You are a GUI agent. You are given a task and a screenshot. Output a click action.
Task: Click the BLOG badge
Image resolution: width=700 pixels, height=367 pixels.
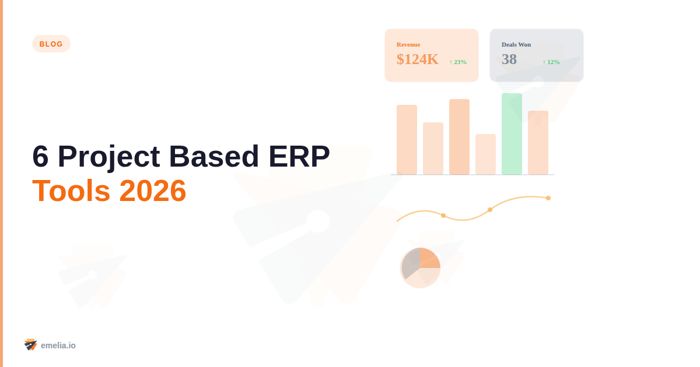(x=51, y=44)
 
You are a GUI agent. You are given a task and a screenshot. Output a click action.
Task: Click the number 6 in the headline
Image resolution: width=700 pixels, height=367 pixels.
(x=40, y=157)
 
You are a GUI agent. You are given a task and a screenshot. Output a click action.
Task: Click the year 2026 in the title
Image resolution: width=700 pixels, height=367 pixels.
(x=153, y=190)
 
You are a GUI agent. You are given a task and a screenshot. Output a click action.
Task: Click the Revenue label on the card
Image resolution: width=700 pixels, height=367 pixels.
(x=408, y=44)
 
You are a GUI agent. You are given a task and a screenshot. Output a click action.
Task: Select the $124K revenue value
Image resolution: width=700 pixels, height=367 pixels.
(x=417, y=59)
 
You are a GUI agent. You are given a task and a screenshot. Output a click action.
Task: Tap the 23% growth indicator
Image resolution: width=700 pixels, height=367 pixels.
(x=458, y=62)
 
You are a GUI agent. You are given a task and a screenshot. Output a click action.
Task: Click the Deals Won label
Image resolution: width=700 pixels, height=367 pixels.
(x=516, y=44)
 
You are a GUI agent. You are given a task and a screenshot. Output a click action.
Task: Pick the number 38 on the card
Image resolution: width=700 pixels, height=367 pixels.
(x=509, y=59)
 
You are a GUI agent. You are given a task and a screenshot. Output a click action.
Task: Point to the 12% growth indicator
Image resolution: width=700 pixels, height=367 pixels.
(x=551, y=62)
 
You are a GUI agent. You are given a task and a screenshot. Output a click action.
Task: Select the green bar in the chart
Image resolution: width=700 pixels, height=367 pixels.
(x=512, y=134)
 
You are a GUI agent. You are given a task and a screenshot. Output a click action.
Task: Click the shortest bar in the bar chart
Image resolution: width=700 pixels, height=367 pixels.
(x=485, y=154)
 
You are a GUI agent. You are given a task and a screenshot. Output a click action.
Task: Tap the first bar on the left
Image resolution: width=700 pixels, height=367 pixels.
(x=407, y=140)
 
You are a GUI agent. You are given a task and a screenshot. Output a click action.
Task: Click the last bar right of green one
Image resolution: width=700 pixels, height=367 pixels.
(x=538, y=143)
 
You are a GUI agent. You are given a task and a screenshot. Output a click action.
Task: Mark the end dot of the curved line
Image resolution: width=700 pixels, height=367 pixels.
(x=548, y=198)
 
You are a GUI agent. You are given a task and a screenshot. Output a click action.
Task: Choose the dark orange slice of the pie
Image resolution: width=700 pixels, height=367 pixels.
(x=429, y=258)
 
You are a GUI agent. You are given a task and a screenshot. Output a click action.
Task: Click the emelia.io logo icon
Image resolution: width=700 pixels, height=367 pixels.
(x=30, y=345)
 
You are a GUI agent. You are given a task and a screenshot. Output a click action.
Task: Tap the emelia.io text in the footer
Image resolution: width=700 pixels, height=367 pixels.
(x=58, y=345)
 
